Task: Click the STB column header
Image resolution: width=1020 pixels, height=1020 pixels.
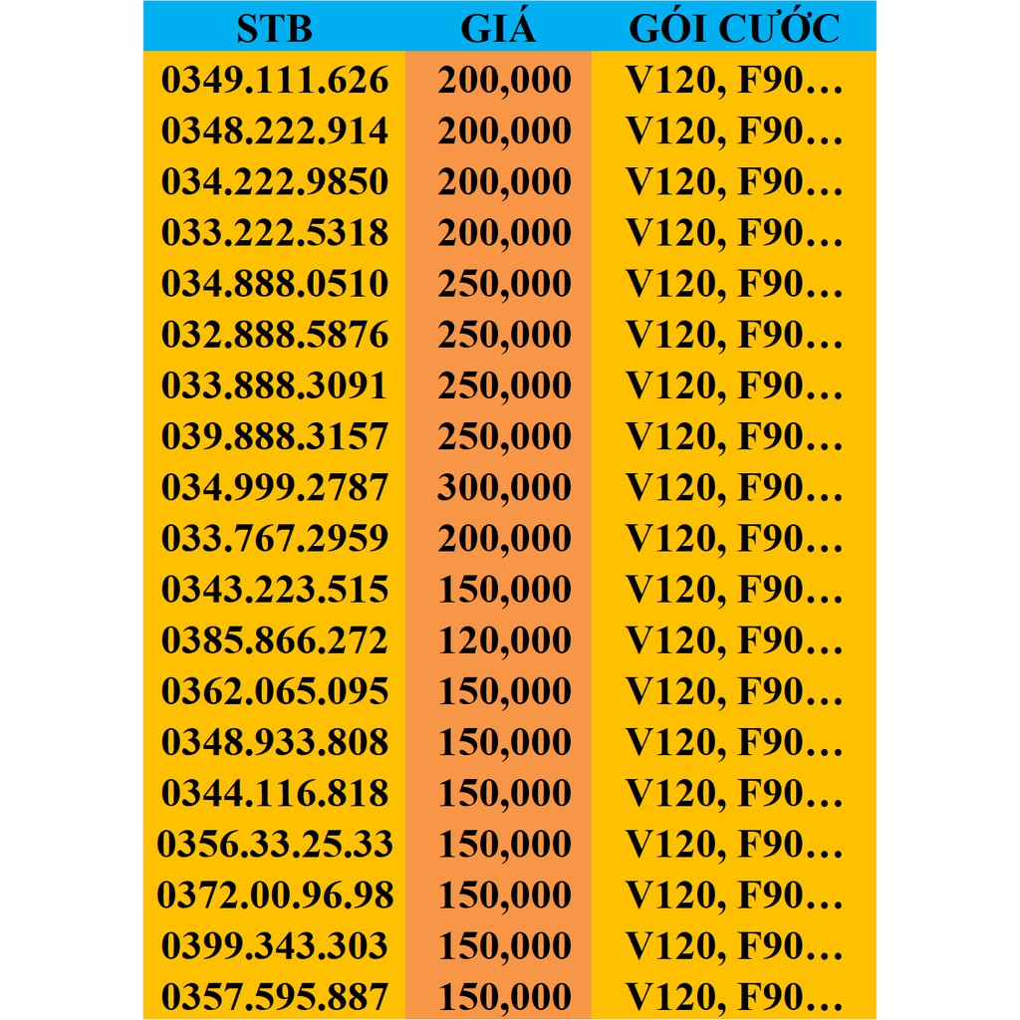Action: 274,28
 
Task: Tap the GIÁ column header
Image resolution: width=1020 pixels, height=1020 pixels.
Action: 498,28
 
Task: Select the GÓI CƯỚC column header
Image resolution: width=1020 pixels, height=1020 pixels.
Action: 734,28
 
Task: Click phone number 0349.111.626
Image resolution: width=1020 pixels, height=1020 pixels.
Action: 274,81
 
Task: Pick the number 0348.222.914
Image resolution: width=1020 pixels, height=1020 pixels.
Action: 274,131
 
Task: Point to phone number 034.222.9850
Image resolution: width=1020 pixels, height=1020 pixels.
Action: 274,182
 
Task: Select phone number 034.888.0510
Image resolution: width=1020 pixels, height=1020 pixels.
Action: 274,284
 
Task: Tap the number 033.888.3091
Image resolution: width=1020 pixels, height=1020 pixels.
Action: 274,385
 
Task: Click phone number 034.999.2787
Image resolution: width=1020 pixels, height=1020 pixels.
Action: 274,487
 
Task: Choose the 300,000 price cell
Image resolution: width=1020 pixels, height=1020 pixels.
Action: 504,487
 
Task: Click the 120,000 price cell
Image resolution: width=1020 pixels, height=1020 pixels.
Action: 504,640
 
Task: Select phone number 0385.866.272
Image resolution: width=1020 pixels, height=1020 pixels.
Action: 274,640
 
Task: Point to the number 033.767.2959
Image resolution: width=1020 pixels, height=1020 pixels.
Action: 274,538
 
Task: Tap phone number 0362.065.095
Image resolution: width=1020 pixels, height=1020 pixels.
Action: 274,691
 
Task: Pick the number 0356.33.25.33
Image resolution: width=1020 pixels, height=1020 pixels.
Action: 274,844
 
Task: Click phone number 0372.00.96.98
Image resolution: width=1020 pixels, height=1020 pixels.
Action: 274,894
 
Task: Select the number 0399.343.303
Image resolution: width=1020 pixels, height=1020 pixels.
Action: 274,945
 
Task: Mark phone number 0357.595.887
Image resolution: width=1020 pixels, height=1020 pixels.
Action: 274,996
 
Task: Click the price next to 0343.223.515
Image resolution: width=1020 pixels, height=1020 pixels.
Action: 504,590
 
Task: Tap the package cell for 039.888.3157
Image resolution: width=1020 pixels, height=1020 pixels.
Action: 734,436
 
